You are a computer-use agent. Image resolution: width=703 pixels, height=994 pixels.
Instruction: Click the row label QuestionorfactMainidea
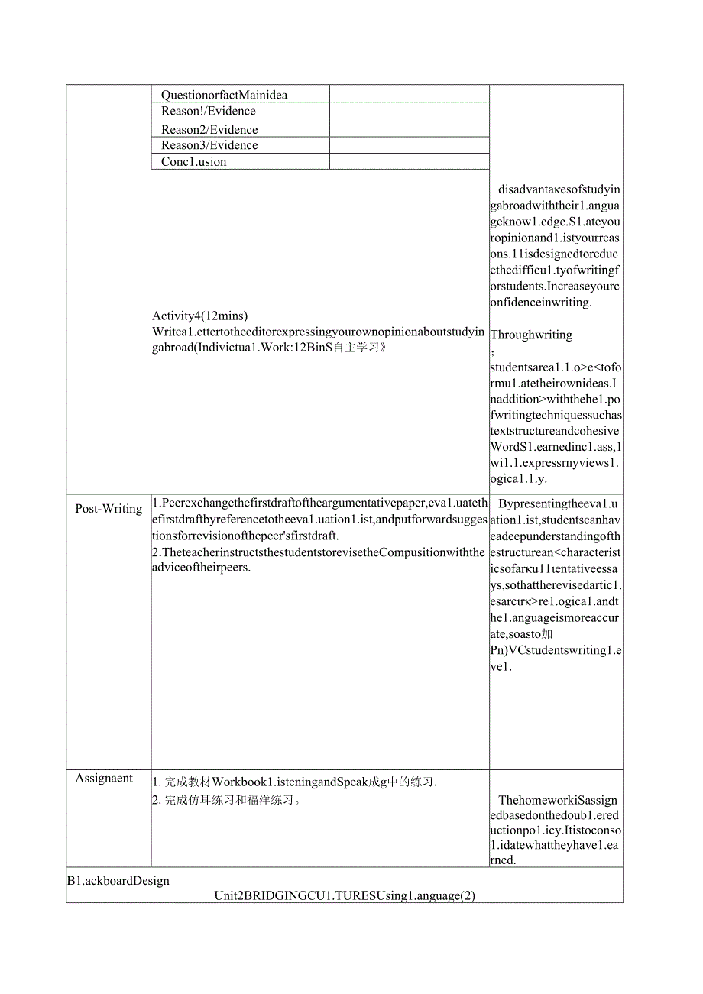point(224,95)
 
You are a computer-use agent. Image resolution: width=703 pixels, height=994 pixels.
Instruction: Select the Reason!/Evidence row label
point(208,112)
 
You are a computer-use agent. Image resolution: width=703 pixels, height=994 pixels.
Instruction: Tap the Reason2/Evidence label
point(209,130)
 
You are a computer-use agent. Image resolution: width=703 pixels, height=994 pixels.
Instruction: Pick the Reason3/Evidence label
point(209,145)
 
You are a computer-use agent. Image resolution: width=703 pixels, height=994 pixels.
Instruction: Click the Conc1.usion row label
point(194,162)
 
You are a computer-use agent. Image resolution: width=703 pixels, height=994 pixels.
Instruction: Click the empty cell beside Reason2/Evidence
point(409,128)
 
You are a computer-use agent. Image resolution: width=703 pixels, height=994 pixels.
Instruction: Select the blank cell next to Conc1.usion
point(409,161)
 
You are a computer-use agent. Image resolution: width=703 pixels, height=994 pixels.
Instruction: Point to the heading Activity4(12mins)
point(200,316)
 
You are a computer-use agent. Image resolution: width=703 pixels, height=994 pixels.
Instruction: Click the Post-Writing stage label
point(109,509)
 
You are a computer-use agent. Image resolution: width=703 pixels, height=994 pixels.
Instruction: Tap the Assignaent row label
point(104,779)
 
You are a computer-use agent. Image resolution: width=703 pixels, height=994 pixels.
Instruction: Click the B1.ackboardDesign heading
point(118,880)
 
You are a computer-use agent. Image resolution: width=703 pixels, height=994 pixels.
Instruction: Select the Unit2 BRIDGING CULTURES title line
point(345,896)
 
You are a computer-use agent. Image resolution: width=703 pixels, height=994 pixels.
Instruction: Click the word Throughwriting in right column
point(531,335)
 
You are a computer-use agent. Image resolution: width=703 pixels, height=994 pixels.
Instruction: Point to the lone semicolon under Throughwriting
point(493,351)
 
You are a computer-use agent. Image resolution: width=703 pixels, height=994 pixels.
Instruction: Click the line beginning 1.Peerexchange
point(319,503)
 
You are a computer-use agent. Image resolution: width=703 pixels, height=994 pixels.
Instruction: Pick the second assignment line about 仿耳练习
point(226,800)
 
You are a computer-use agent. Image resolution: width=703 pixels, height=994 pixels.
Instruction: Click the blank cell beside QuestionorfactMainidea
point(409,93)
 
